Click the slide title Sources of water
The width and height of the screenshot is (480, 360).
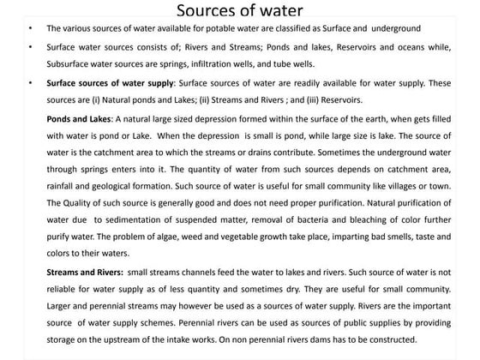click(x=239, y=11)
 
